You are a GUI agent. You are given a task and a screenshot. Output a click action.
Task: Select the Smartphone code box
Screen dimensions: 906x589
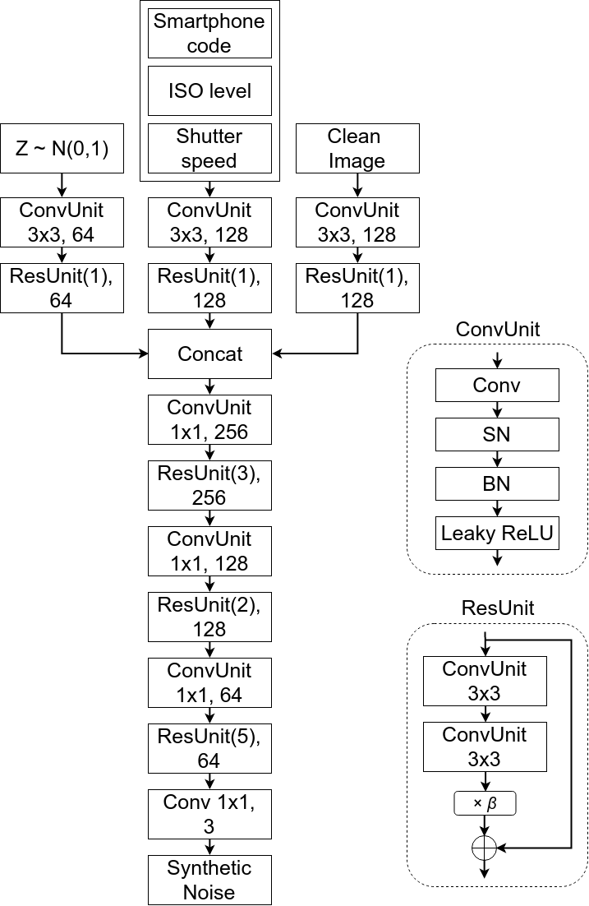click(x=209, y=33)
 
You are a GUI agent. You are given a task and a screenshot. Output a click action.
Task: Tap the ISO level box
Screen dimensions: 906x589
click(x=209, y=90)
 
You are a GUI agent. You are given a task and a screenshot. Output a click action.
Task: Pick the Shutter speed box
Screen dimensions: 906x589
click(x=209, y=148)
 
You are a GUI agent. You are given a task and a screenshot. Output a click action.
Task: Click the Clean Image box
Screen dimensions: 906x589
click(x=357, y=148)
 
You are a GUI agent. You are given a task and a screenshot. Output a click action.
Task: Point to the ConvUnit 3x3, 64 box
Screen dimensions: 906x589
click(x=62, y=222)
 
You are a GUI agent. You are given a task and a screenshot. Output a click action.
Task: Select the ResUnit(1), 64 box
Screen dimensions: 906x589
click(x=62, y=288)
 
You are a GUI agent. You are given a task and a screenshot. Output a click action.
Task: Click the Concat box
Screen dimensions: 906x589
click(x=209, y=354)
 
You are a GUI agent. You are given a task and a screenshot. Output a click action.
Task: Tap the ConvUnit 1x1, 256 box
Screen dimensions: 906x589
click(x=209, y=419)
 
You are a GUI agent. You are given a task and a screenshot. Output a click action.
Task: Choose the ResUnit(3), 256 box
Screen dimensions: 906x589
click(x=209, y=485)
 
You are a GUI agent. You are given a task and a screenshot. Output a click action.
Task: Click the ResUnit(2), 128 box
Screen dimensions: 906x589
click(x=209, y=617)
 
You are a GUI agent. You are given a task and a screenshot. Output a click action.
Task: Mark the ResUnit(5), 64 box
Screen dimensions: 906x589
click(x=209, y=748)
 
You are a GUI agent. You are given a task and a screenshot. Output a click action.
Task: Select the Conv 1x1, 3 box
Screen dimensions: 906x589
click(x=209, y=814)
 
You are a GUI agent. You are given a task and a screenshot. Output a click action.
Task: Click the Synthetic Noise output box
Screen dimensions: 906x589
click(x=209, y=880)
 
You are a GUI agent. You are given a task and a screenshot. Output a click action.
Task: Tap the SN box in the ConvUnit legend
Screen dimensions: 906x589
click(x=497, y=434)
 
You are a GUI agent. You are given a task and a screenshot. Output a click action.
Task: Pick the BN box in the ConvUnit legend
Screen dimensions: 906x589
click(x=497, y=484)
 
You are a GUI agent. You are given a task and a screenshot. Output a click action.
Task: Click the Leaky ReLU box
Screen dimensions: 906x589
click(x=497, y=534)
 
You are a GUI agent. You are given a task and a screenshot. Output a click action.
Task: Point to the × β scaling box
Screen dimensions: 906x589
click(x=485, y=802)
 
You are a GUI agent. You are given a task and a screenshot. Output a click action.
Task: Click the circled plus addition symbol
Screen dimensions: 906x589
click(x=485, y=846)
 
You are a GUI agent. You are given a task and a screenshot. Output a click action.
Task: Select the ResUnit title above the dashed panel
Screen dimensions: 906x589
click(x=497, y=608)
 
